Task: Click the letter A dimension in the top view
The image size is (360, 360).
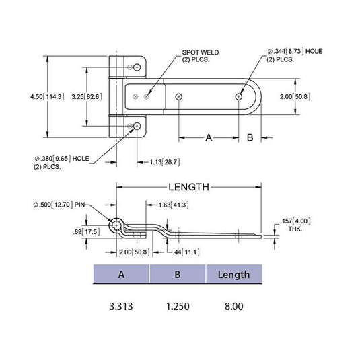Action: coord(209,138)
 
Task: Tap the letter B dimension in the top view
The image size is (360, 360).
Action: coord(249,138)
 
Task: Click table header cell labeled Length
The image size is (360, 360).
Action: coord(233,275)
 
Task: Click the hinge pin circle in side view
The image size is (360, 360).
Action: coord(117,224)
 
